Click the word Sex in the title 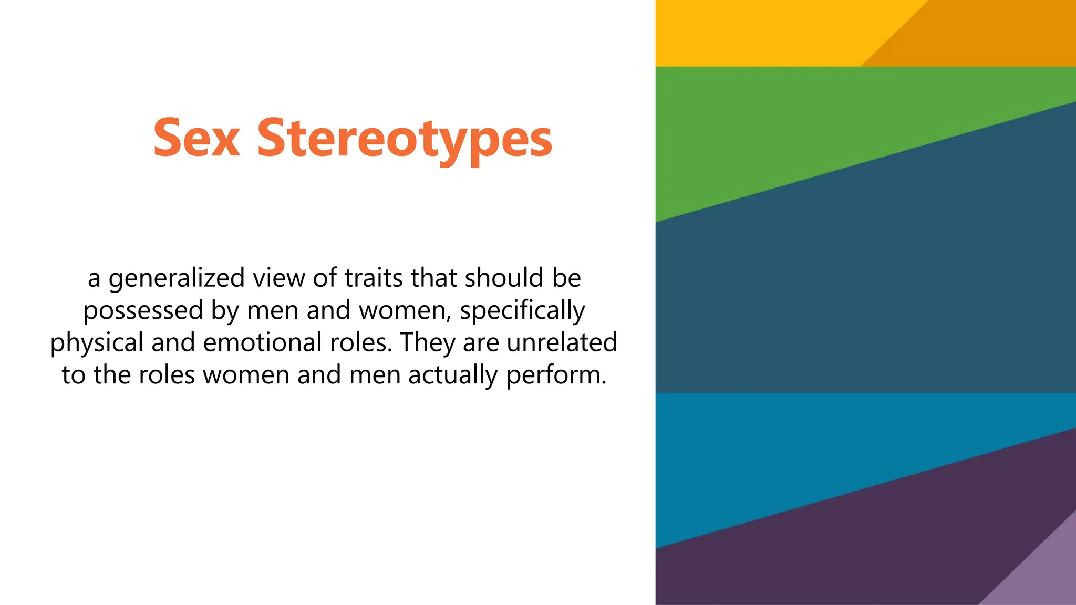[196, 138]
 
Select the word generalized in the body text [177, 278]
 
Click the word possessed [143, 311]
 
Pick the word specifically [522, 311]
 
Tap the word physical [97, 343]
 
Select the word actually [453, 375]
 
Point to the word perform [556, 375]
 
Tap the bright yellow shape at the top [762, 32]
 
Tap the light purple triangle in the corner [1046, 578]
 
